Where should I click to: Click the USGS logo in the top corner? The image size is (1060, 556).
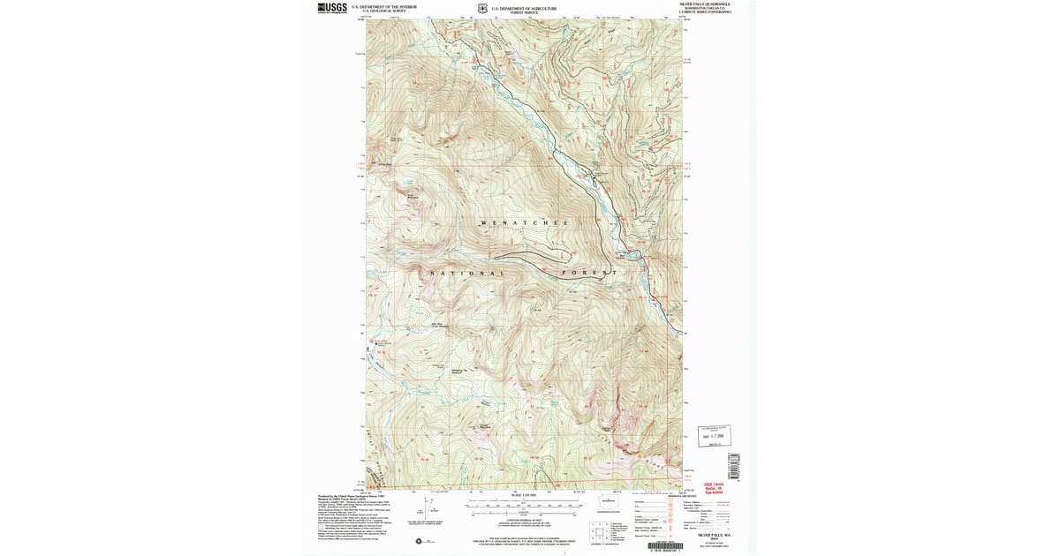pos(332,7)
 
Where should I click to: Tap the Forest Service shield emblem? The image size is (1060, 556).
pos(481,8)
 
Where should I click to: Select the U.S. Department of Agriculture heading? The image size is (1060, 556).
pos(524,6)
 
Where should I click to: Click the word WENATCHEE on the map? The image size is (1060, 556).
pos(524,222)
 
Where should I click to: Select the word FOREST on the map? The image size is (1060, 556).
pos(589,273)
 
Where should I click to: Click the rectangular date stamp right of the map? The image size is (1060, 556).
pos(713,435)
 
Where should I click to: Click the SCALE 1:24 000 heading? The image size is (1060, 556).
pos(524,496)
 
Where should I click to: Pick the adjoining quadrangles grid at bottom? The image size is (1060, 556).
pos(601,532)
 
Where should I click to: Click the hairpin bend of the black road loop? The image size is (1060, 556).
pos(495,256)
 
